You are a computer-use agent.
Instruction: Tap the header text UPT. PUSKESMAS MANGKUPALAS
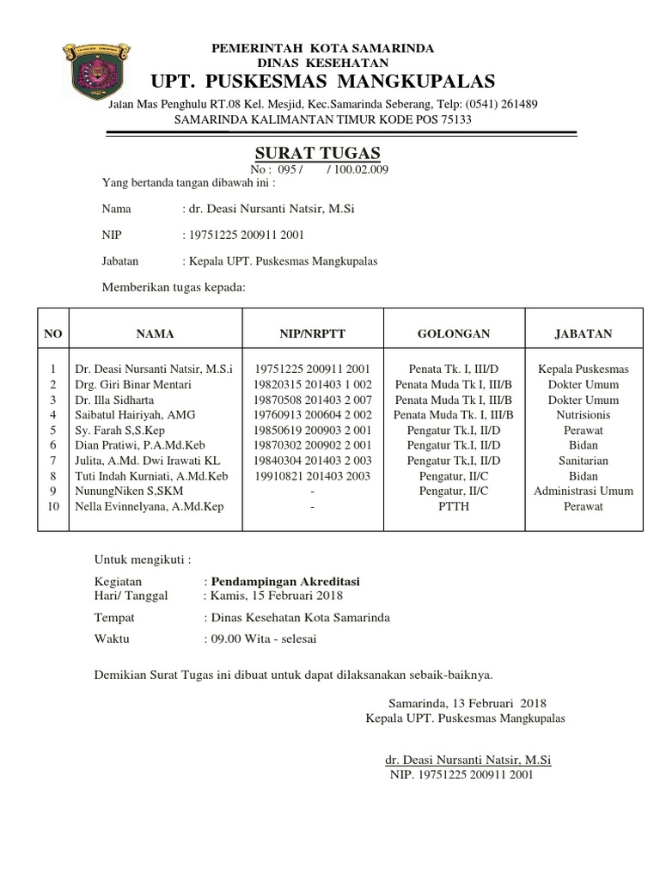click(323, 82)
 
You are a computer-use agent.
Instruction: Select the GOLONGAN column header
click(454, 333)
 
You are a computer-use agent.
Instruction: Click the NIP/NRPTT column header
click(312, 333)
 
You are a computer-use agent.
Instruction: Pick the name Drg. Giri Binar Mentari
click(132, 384)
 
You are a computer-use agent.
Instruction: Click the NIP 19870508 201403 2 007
click(312, 400)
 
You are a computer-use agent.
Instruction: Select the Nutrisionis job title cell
click(584, 414)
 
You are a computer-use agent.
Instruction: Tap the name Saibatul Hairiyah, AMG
click(135, 414)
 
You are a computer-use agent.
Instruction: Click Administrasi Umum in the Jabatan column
click(584, 491)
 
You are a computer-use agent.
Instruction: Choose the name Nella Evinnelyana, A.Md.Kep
click(150, 506)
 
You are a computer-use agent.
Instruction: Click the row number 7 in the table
click(53, 461)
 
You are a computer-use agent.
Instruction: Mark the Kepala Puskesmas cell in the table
click(584, 369)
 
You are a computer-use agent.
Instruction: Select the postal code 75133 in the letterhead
click(455, 119)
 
